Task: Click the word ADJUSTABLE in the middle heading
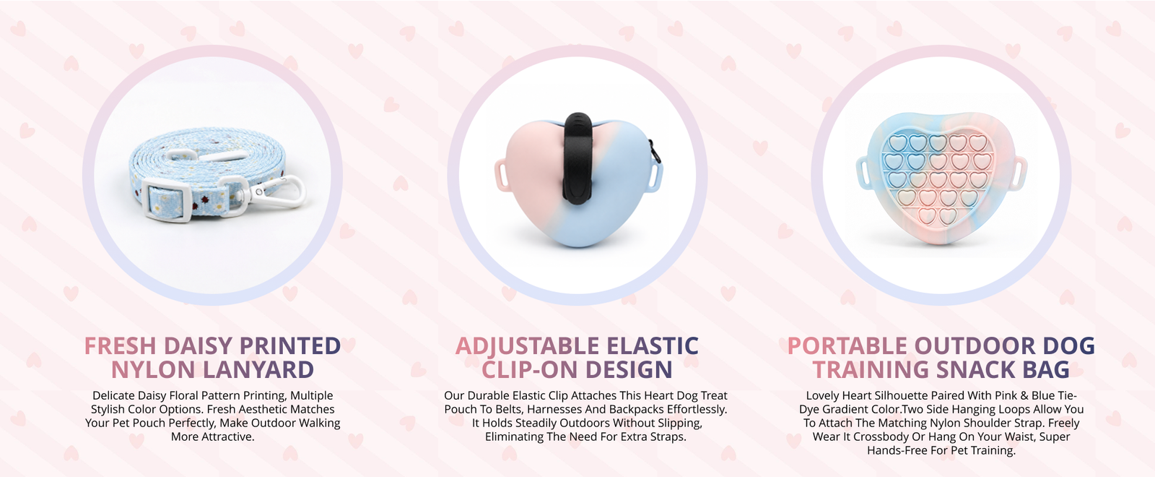528,346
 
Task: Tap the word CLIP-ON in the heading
530,369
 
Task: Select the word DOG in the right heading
1068,346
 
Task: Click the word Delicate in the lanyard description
113,395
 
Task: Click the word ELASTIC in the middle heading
652,346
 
